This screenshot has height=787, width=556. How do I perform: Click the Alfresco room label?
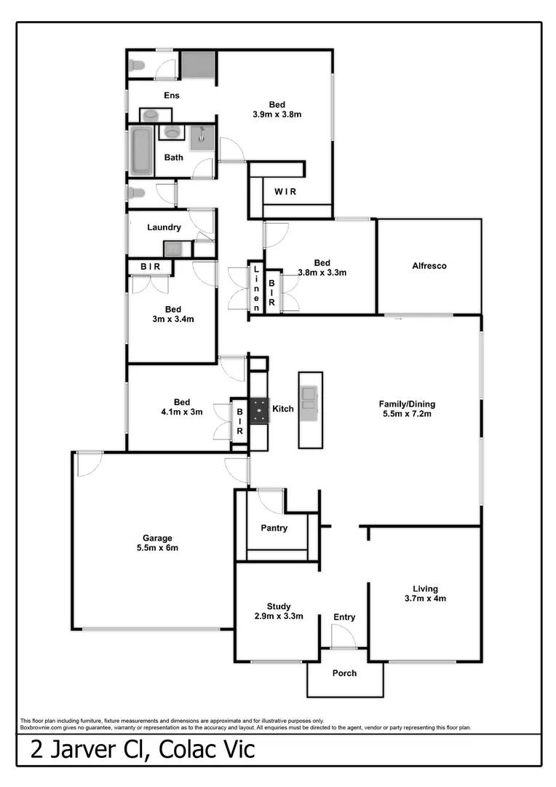pyautogui.click(x=429, y=266)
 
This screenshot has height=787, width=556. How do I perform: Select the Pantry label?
pyautogui.click(x=274, y=528)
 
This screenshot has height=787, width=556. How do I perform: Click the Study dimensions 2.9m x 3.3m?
pyautogui.click(x=278, y=616)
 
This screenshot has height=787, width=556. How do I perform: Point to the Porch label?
pyautogui.click(x=344, y=673)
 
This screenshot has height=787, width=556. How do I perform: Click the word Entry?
pyautogui.click(x=344, y=617)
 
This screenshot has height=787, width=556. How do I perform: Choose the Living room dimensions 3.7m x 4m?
pyautogui.click(x=424, y=598)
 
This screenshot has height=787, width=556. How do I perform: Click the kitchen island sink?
pyautogui.click(x=309, y=395)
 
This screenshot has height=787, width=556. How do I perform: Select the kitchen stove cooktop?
pyautogui.click(x=259, y=411)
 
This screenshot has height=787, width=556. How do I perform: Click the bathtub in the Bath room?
pyautogui.click(x=140, y=150)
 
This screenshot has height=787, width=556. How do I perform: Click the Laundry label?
pyautogui.click(x=164, y=227)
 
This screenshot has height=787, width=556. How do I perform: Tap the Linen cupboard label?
pyautogui.click(x=256, y=288)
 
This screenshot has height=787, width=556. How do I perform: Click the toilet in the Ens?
pyautogui.click(x=136, y=66)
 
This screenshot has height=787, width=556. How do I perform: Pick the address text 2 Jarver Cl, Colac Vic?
pyautogui.click(x=143, y=749)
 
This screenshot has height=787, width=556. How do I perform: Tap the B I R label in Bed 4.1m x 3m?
pyautogui.click(x=239, y=421)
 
